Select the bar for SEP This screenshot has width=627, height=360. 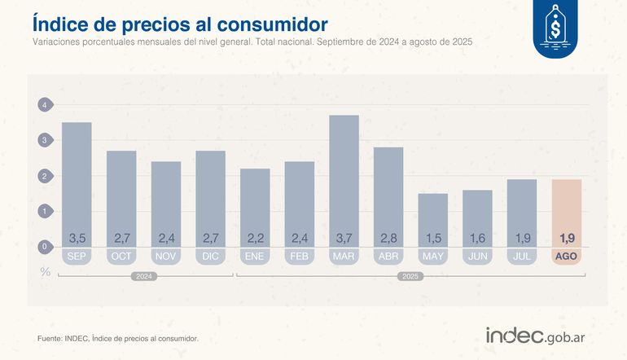click(76, 183)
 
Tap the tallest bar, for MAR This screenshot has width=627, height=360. click(344, 179)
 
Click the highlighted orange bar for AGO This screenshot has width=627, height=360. click(566, 212)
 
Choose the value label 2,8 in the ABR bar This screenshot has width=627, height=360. click(388, 239)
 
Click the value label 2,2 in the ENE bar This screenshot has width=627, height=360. click(254, 239)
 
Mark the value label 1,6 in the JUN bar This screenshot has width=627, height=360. click(477, 239)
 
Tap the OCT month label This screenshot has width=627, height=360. click(121, 256)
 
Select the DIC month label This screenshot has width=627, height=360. click(210, 256)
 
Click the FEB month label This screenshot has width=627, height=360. click(299, 256)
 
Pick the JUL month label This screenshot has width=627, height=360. click(521, 256)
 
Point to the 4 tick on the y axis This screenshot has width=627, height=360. click(45, 105)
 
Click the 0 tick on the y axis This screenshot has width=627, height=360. click(45, 246)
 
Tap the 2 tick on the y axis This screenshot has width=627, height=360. click(45, 176)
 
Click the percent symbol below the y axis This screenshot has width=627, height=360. click(46, 271)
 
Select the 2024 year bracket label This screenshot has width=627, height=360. click(143, 277)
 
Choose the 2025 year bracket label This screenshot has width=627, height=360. click(410, 277)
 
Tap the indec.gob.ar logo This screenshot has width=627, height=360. click(538, 336)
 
